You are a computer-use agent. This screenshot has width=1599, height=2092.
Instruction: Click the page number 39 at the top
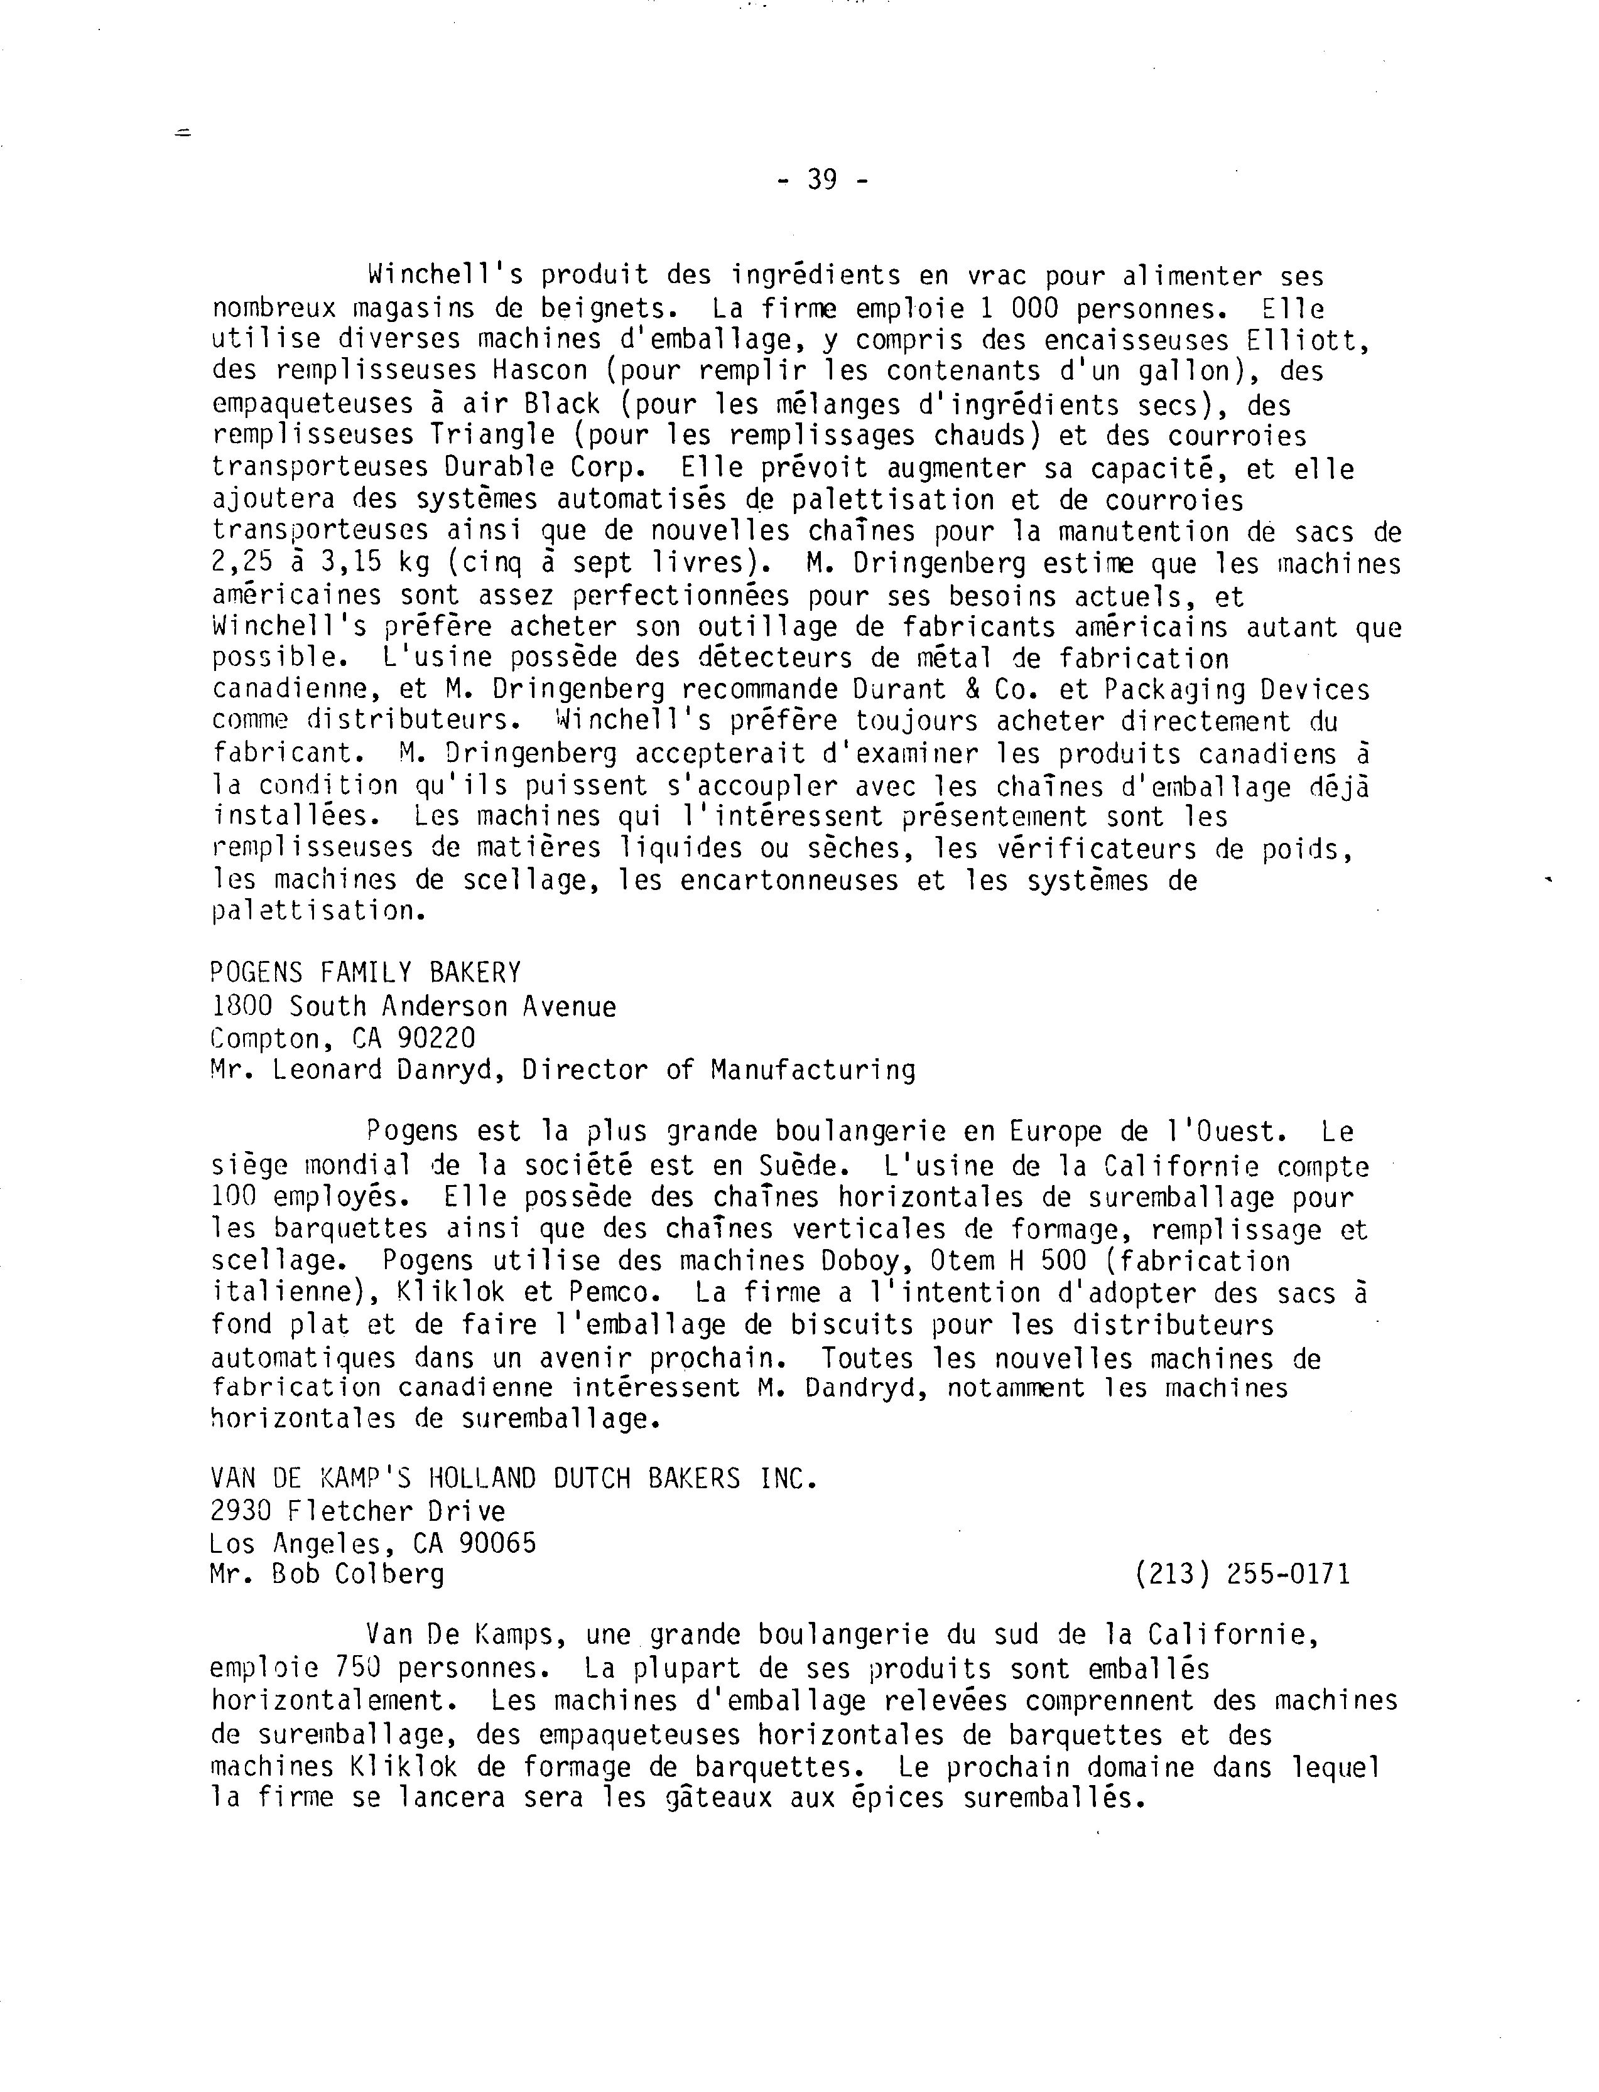pos(822,179)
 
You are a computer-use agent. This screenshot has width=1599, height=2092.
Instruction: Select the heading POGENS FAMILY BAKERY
pos(366,972)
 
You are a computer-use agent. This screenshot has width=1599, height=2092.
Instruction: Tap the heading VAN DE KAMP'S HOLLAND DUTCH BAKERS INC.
pos(513,1478)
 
